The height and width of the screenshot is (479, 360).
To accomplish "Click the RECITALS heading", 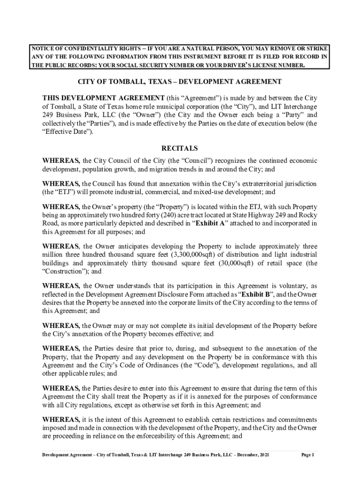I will coord(180,149).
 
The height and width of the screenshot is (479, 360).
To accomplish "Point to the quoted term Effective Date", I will coord(66,131).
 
